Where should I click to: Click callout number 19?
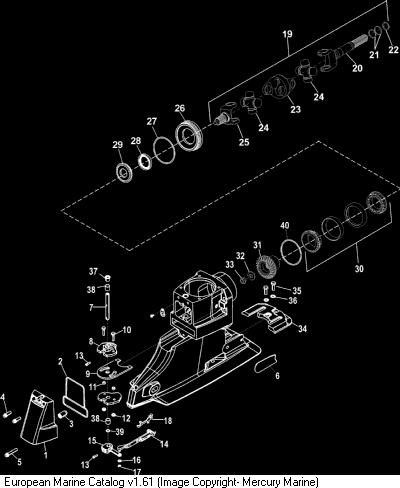(x=287, y=34)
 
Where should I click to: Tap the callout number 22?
(x=394, y=50)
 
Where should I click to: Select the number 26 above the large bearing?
(x=180, y=108)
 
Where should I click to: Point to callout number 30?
(x=359, y=269)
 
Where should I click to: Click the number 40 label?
(x=285, y=226)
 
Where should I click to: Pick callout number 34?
(x=302, y=329)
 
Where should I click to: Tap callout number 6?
(x=277, y=376)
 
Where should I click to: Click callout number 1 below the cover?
(x=46, y=455)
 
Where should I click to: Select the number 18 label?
(x=168, y=421)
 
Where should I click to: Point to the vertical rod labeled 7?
(x=107, y=307)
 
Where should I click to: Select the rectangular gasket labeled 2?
(x=75, y=396)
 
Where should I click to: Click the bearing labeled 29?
(x=125, y=172)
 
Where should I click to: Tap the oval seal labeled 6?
(x=266, y=363)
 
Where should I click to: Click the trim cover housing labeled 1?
(x=39, y=418)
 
